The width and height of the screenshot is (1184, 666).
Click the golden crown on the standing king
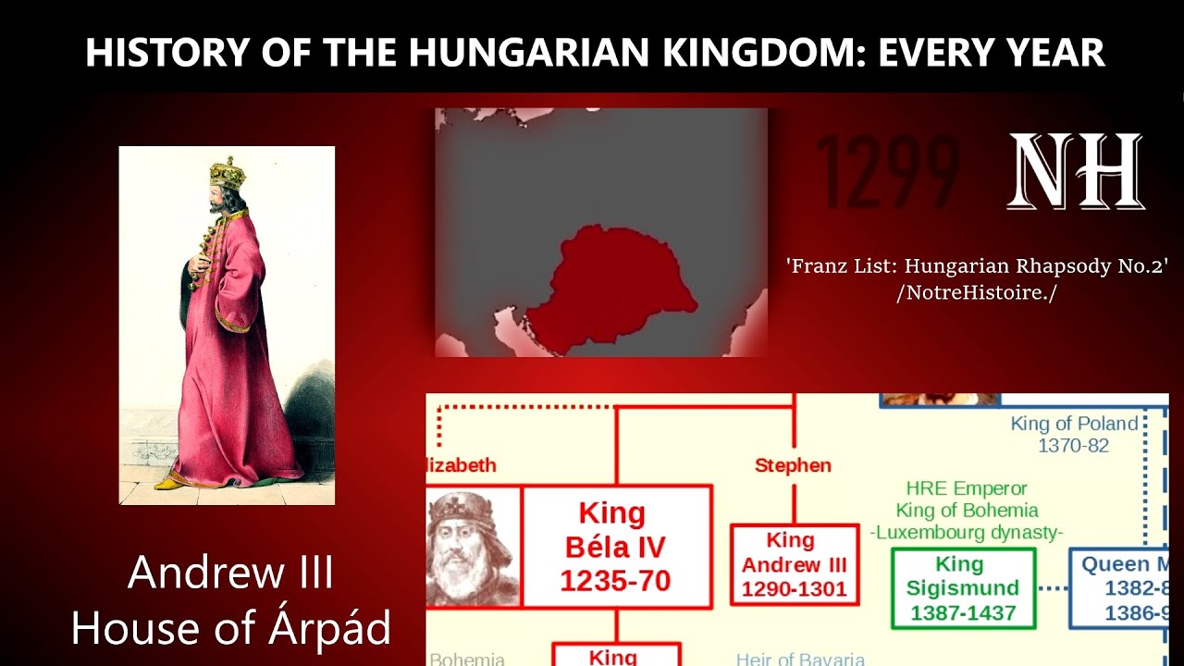(227, 173)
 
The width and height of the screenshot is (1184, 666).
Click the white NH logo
(1076, 171)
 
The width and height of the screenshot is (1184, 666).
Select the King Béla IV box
(616, 546)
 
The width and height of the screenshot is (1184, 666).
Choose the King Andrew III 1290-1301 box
(794, 565)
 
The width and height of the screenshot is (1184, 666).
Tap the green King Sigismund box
(962, 588)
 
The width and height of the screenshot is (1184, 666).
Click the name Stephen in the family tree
(793, 465)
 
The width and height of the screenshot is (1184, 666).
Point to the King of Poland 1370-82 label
(1074, 434)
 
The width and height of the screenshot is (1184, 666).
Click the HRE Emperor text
(967, 488)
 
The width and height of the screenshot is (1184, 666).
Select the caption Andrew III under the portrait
(230, 573)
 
